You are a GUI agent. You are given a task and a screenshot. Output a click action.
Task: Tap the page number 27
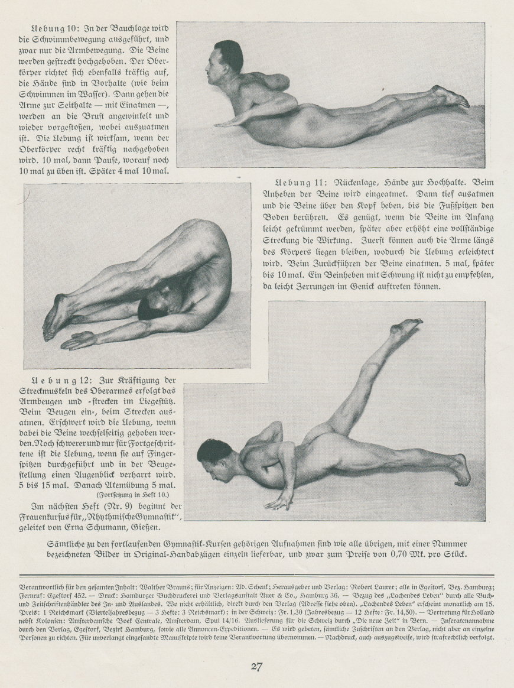click(x=256, y=666)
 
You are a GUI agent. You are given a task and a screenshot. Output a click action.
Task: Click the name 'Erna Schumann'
click(x=94, y=527)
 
